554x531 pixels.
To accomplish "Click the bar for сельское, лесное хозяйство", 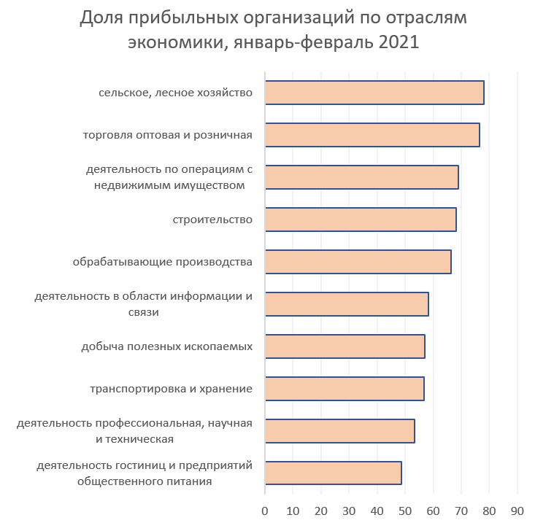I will point(374,93).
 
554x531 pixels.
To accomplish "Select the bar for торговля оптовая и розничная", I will point(372,135).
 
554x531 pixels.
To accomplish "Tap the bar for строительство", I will point(360,220).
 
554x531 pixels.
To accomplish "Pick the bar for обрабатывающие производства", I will point(358,262).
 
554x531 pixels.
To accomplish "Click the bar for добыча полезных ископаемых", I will point(345,346).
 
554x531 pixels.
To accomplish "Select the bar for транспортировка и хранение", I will point(344,389).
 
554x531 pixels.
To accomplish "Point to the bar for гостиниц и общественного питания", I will point(333,473).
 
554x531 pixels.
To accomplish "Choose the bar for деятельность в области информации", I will point(346,304).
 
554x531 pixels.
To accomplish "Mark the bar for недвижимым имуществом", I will point(361,177).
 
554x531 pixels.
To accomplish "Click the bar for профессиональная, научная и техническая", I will point(339,431).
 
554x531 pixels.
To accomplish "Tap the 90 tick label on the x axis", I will point(517,511).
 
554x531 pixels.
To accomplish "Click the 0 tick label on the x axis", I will point(264,511).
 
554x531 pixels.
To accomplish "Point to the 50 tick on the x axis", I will point(405,511).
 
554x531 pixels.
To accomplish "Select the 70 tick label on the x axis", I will point(461,511).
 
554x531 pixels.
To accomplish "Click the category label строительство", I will point(212,220).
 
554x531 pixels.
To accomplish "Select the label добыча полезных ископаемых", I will point(166,346).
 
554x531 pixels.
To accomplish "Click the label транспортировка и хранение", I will point(171,389).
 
